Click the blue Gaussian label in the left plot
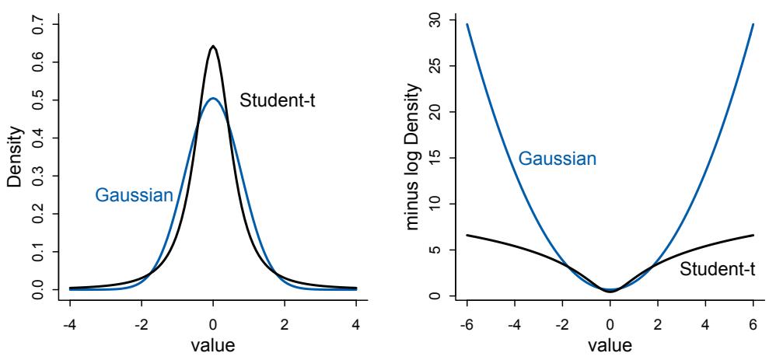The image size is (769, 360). click(x=134, y=195)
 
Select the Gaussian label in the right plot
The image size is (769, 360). click(x=558, y=159)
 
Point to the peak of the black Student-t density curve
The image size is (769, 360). click(x=213, y=47)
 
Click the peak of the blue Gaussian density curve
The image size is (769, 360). click(x=213, y=99)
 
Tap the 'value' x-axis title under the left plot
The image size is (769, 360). click(x=213, y=344)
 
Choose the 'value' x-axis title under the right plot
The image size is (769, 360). click(x=610, y=344)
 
